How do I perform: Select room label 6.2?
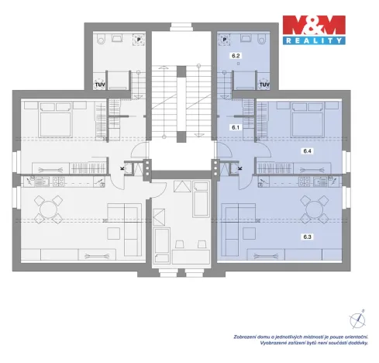click(x=236, y=57)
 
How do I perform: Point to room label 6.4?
click(x=308, y=151)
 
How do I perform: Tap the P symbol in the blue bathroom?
click(x=225, y=37)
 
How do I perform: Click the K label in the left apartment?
click(x=121, y=167)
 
